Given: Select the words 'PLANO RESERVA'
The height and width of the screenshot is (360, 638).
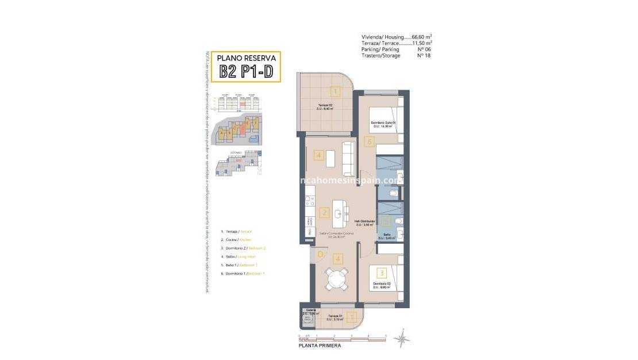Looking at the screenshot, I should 245,58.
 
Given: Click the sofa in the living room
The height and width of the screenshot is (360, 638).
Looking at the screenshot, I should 348,158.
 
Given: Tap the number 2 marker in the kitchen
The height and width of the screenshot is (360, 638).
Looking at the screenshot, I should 324,213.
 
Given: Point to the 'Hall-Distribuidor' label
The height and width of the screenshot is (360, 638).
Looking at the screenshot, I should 365,222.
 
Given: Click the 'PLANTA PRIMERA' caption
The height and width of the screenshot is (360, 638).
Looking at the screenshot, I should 319,346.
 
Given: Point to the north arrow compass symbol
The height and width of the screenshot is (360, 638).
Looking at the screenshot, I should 401,339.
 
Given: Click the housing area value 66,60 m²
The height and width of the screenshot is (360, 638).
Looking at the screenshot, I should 422,37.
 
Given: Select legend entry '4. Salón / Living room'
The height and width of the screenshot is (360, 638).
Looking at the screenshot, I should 242,256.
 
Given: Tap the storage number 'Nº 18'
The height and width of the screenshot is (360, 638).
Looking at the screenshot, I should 424,56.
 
